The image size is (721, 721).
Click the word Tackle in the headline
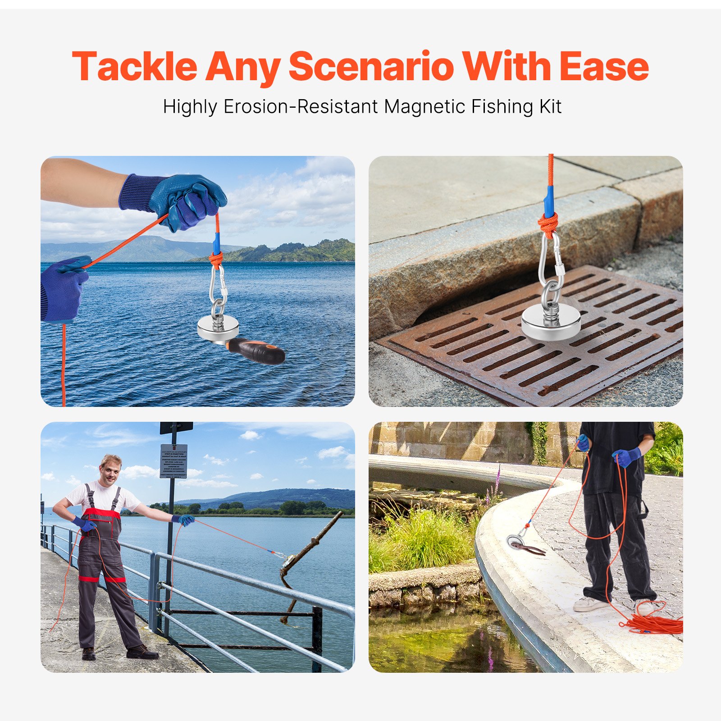click(x=134, y=67)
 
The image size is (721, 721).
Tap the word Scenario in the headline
click(x=371, y=67)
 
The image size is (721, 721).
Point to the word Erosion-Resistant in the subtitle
click(x=301, y=107)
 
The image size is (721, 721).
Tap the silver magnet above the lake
click(x=218, y=328)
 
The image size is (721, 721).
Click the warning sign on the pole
click(x=173, y=461)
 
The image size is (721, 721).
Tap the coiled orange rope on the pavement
click(x=656, y=625)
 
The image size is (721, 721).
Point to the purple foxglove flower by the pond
click(x=497, y=480)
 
